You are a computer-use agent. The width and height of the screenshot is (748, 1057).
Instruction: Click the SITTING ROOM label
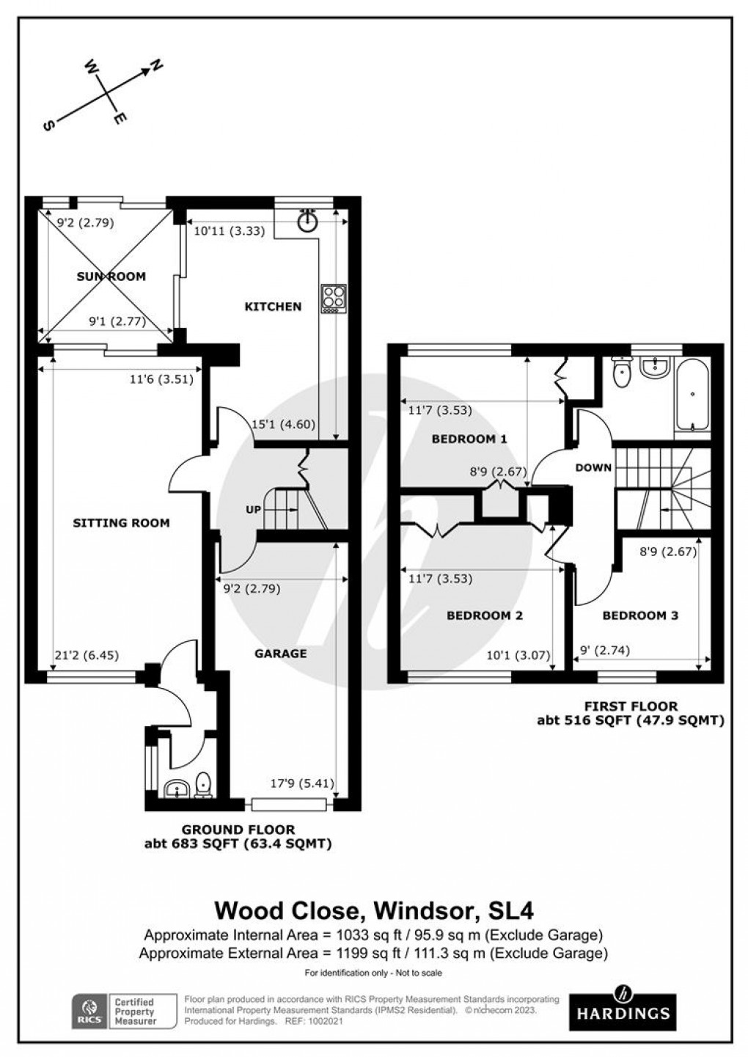point(121,523)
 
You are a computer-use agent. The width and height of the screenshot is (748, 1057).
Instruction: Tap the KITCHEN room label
point(273,307)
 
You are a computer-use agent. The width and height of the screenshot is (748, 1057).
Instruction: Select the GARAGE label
point(280,653)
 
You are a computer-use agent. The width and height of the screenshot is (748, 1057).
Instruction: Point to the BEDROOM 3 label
point(640,615)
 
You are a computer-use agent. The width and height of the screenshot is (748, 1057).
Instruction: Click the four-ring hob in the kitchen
point(332,299)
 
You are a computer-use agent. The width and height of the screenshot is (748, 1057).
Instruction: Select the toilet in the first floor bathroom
point(622,373)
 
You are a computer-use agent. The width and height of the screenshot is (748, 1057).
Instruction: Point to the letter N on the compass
point(156,67)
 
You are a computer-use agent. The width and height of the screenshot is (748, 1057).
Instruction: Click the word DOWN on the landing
point(593,467)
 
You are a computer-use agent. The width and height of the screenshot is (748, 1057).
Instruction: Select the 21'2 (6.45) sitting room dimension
point(77,656)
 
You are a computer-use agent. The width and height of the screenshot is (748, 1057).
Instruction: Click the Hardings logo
point(623,1012)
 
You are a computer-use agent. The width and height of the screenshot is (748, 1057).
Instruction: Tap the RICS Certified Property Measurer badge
point(125,1012)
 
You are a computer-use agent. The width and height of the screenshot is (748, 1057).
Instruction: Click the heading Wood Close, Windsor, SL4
point(373,910)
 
